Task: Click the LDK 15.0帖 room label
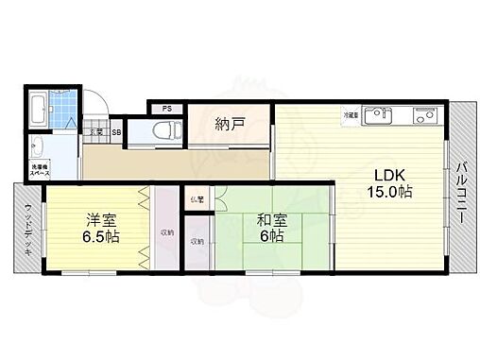(389, 182)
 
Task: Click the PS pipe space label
(166, 108)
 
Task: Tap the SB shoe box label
(116, 132)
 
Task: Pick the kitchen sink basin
(379, 117)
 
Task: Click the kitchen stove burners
(420, 117)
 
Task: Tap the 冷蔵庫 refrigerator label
(351, 115)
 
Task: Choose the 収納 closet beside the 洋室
(166, 231)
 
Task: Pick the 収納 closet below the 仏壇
(197, 242)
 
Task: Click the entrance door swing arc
(96, 106)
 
